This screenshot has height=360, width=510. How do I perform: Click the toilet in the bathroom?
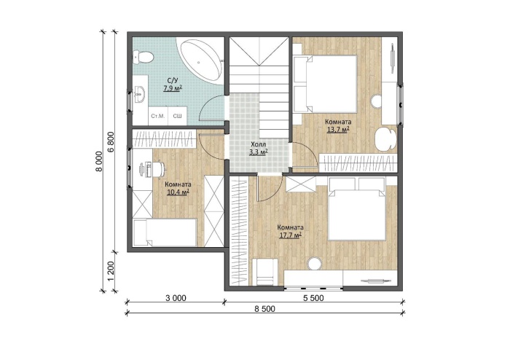coord(143,58)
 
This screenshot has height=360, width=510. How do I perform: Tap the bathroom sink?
coord(141,94)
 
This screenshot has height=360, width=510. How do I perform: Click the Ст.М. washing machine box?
coord(158,116)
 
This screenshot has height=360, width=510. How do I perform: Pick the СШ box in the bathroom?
coord(177,116)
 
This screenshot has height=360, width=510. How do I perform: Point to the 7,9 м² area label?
coord(173,88)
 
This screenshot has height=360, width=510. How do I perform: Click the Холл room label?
coord(258,144)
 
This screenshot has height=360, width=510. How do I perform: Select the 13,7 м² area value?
coord(338,130)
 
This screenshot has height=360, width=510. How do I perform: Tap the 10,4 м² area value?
coord(178,192)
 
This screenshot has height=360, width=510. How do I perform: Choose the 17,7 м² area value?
coord(290,235)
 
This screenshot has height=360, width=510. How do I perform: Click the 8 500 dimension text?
coord(264,308)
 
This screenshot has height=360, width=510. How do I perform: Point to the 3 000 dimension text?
coord(176,297)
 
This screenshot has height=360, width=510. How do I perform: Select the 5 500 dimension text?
coord(313,297)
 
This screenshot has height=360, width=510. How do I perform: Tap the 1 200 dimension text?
coord(111,272)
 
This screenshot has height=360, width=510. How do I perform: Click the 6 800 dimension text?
coord(111,142)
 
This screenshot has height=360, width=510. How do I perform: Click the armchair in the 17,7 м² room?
coord(264,272)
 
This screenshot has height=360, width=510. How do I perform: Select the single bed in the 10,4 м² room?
coord(165,232)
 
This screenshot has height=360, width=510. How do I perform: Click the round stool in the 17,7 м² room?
coord(315,263)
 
